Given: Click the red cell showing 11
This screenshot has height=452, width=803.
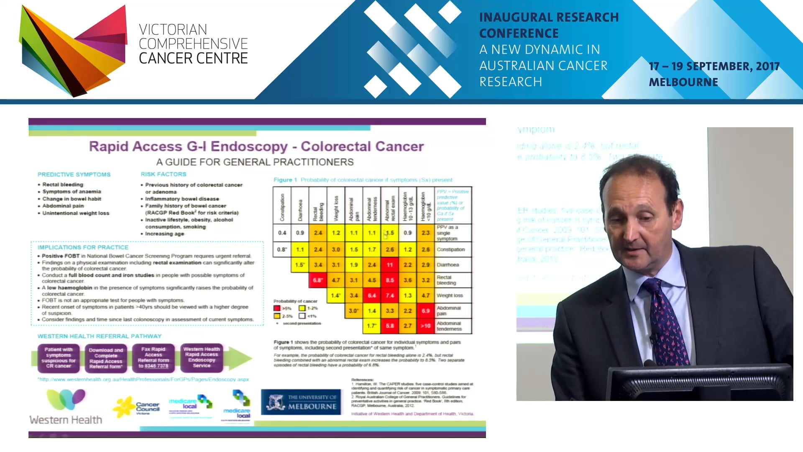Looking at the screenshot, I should [390, 265].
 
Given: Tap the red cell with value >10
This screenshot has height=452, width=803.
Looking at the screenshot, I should [425, 326].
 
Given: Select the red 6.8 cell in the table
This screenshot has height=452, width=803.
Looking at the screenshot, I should [318, 280].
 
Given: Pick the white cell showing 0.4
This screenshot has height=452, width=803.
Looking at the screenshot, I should [282, 233].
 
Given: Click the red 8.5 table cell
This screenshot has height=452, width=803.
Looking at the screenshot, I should [390, 280].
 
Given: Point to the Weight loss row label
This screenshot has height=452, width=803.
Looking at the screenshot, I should [450, 295].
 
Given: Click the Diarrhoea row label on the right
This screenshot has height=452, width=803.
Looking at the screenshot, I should [448, 265].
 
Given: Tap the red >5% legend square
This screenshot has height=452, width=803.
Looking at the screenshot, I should [277, 308].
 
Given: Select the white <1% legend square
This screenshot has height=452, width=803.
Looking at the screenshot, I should [302, 316].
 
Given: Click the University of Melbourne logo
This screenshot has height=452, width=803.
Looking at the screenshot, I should [301, 402].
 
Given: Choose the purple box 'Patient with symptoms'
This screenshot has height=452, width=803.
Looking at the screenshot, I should [59, 358].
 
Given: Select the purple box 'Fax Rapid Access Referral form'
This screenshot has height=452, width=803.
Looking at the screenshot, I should [153, 358].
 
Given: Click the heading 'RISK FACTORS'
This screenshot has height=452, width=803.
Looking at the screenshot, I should [164, 174].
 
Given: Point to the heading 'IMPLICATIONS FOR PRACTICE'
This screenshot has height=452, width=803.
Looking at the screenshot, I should [83, 247].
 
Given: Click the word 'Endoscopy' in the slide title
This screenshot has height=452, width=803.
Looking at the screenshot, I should [249, 146].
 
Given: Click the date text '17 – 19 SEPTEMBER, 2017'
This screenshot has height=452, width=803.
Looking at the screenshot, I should [714, 67].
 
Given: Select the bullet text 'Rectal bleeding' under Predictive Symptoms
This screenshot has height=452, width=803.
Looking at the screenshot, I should [63, 185].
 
